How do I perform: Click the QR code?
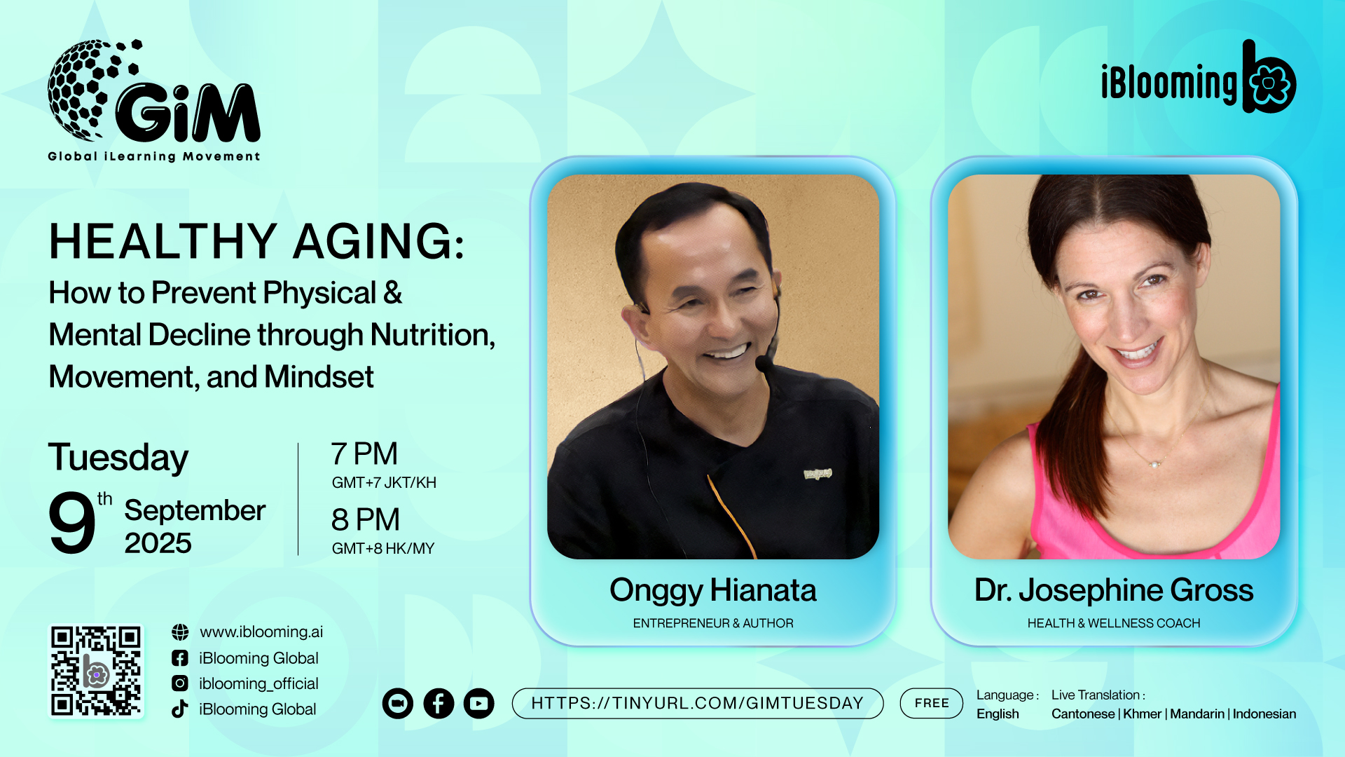coord(96,671)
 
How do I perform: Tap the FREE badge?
coord(932,703)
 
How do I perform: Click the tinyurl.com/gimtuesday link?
coord(698,703)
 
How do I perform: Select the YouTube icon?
coord(479,703)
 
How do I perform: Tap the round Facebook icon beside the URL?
coord(439,703)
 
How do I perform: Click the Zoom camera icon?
coord(398,703)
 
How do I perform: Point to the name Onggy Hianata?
coord(713,591)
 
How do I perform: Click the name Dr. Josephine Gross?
coord(1114,591)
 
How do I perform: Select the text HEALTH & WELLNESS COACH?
coord(1114,623)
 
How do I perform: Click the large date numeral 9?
coord(71,522)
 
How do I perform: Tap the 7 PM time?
coord(364,454)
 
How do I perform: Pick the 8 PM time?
coord(366,520)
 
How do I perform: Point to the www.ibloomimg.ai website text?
coord(261,632)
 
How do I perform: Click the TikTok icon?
coord(180,709)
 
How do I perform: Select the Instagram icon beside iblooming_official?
coord(180,683)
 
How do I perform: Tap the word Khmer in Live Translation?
coord(1143,714)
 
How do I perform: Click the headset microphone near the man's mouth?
coord(765,363)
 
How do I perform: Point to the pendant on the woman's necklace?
coord(1154,463)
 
